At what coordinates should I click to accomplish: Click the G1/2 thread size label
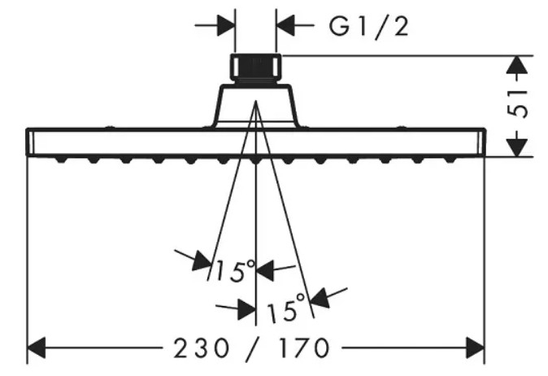pos(368,27)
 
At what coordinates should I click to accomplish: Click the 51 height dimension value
pos(517,104)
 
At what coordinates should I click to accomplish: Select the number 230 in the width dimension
pos(202,348)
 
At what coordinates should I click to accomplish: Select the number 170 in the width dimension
pos(304,348)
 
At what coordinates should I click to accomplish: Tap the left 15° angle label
pos(236,271)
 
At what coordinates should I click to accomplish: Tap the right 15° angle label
pos(286,308)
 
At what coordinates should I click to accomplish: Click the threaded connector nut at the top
pos(255,68)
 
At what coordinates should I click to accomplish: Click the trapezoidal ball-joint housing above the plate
pos(256,105)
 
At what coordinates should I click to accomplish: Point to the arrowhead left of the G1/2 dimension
pos(226,25)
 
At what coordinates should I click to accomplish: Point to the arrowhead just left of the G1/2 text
pos(285,25)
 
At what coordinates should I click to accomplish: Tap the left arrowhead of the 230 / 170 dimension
pos(37,348)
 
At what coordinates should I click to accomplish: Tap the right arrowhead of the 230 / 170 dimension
pos(476,348)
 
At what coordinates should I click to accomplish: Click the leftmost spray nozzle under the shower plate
pos(61,160)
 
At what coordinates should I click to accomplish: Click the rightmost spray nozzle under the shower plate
pos(450,160)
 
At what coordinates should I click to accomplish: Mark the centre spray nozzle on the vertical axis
pos(255,160)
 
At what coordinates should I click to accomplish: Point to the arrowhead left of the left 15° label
pos(202,260)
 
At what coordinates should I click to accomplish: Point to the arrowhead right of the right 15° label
pos(320,298)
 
